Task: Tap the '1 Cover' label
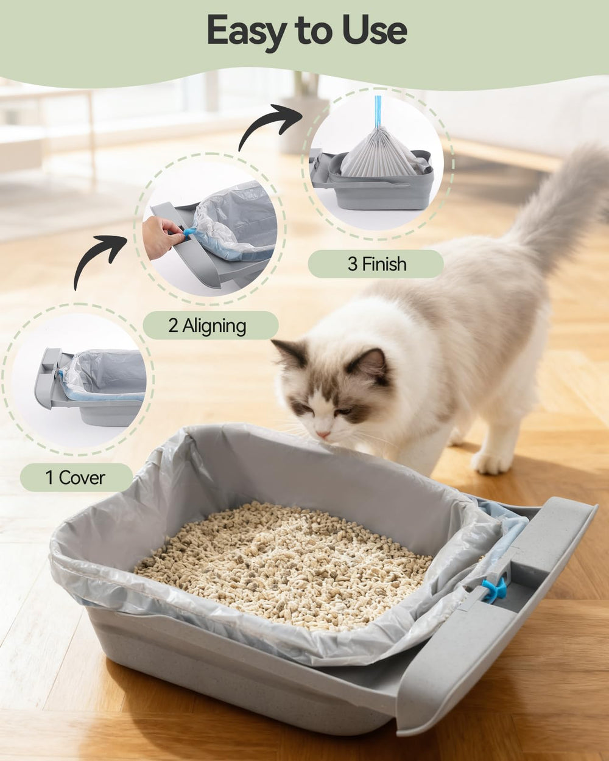(x=76, y=477)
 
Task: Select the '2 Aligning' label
(x=207, y=326)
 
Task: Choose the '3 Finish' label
(x=376, y=264)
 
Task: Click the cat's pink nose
(x=323, y=435)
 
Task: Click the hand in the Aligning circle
(x=161, y=234)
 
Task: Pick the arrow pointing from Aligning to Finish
(x=268, y=125)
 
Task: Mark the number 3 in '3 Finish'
(x=352, y=264)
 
